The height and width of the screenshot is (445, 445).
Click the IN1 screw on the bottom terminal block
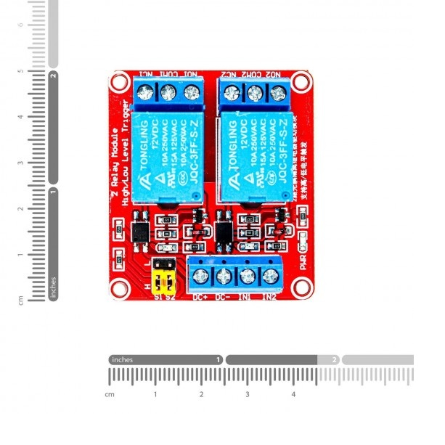247,276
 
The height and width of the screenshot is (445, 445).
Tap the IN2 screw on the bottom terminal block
271,276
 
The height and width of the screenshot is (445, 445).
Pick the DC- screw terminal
224,276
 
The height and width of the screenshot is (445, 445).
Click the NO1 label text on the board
191,74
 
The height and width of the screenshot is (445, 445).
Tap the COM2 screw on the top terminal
255,93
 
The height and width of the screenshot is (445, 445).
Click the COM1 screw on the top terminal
168,93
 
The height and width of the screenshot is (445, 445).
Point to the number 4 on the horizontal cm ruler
294,394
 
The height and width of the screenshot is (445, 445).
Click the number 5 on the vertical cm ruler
21,70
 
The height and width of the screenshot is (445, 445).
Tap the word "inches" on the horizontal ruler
123,359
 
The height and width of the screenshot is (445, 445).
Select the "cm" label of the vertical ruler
21,298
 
